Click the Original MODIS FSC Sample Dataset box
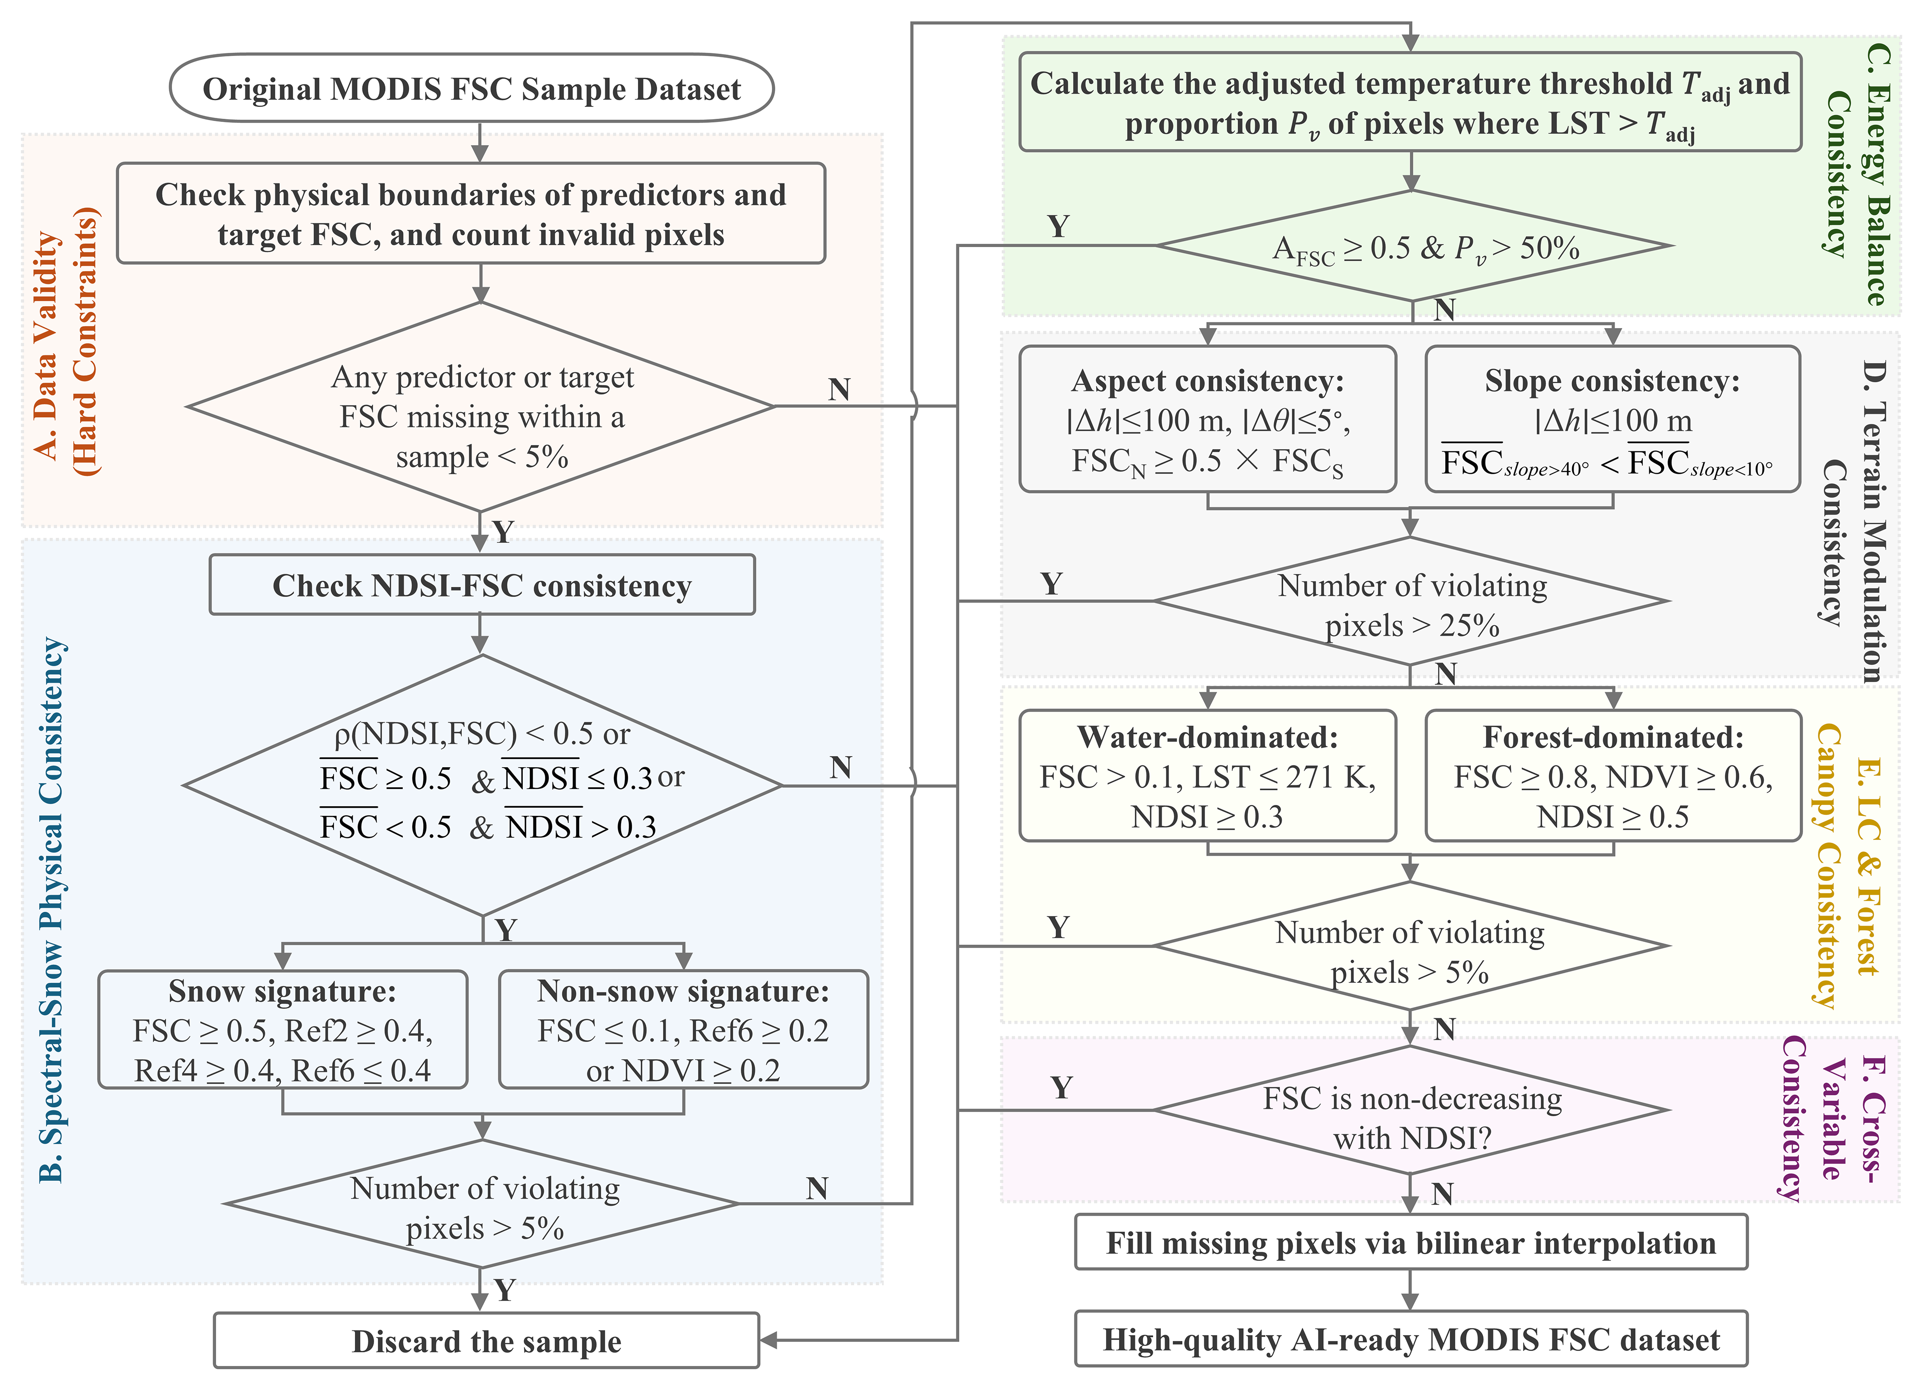pos(471,88)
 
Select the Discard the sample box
pos(486,1341)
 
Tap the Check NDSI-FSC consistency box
pos(482,585)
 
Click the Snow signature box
pos(283,1030)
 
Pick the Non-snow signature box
pos(683,1030)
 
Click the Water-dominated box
pos(1207,776)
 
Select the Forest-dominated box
pos(1613,776)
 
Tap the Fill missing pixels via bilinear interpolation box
pos(1411,1243)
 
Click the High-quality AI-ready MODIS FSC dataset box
pos(1411,1339)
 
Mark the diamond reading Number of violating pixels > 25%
pos(1411,602)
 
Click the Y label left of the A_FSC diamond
pos(1058,227)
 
